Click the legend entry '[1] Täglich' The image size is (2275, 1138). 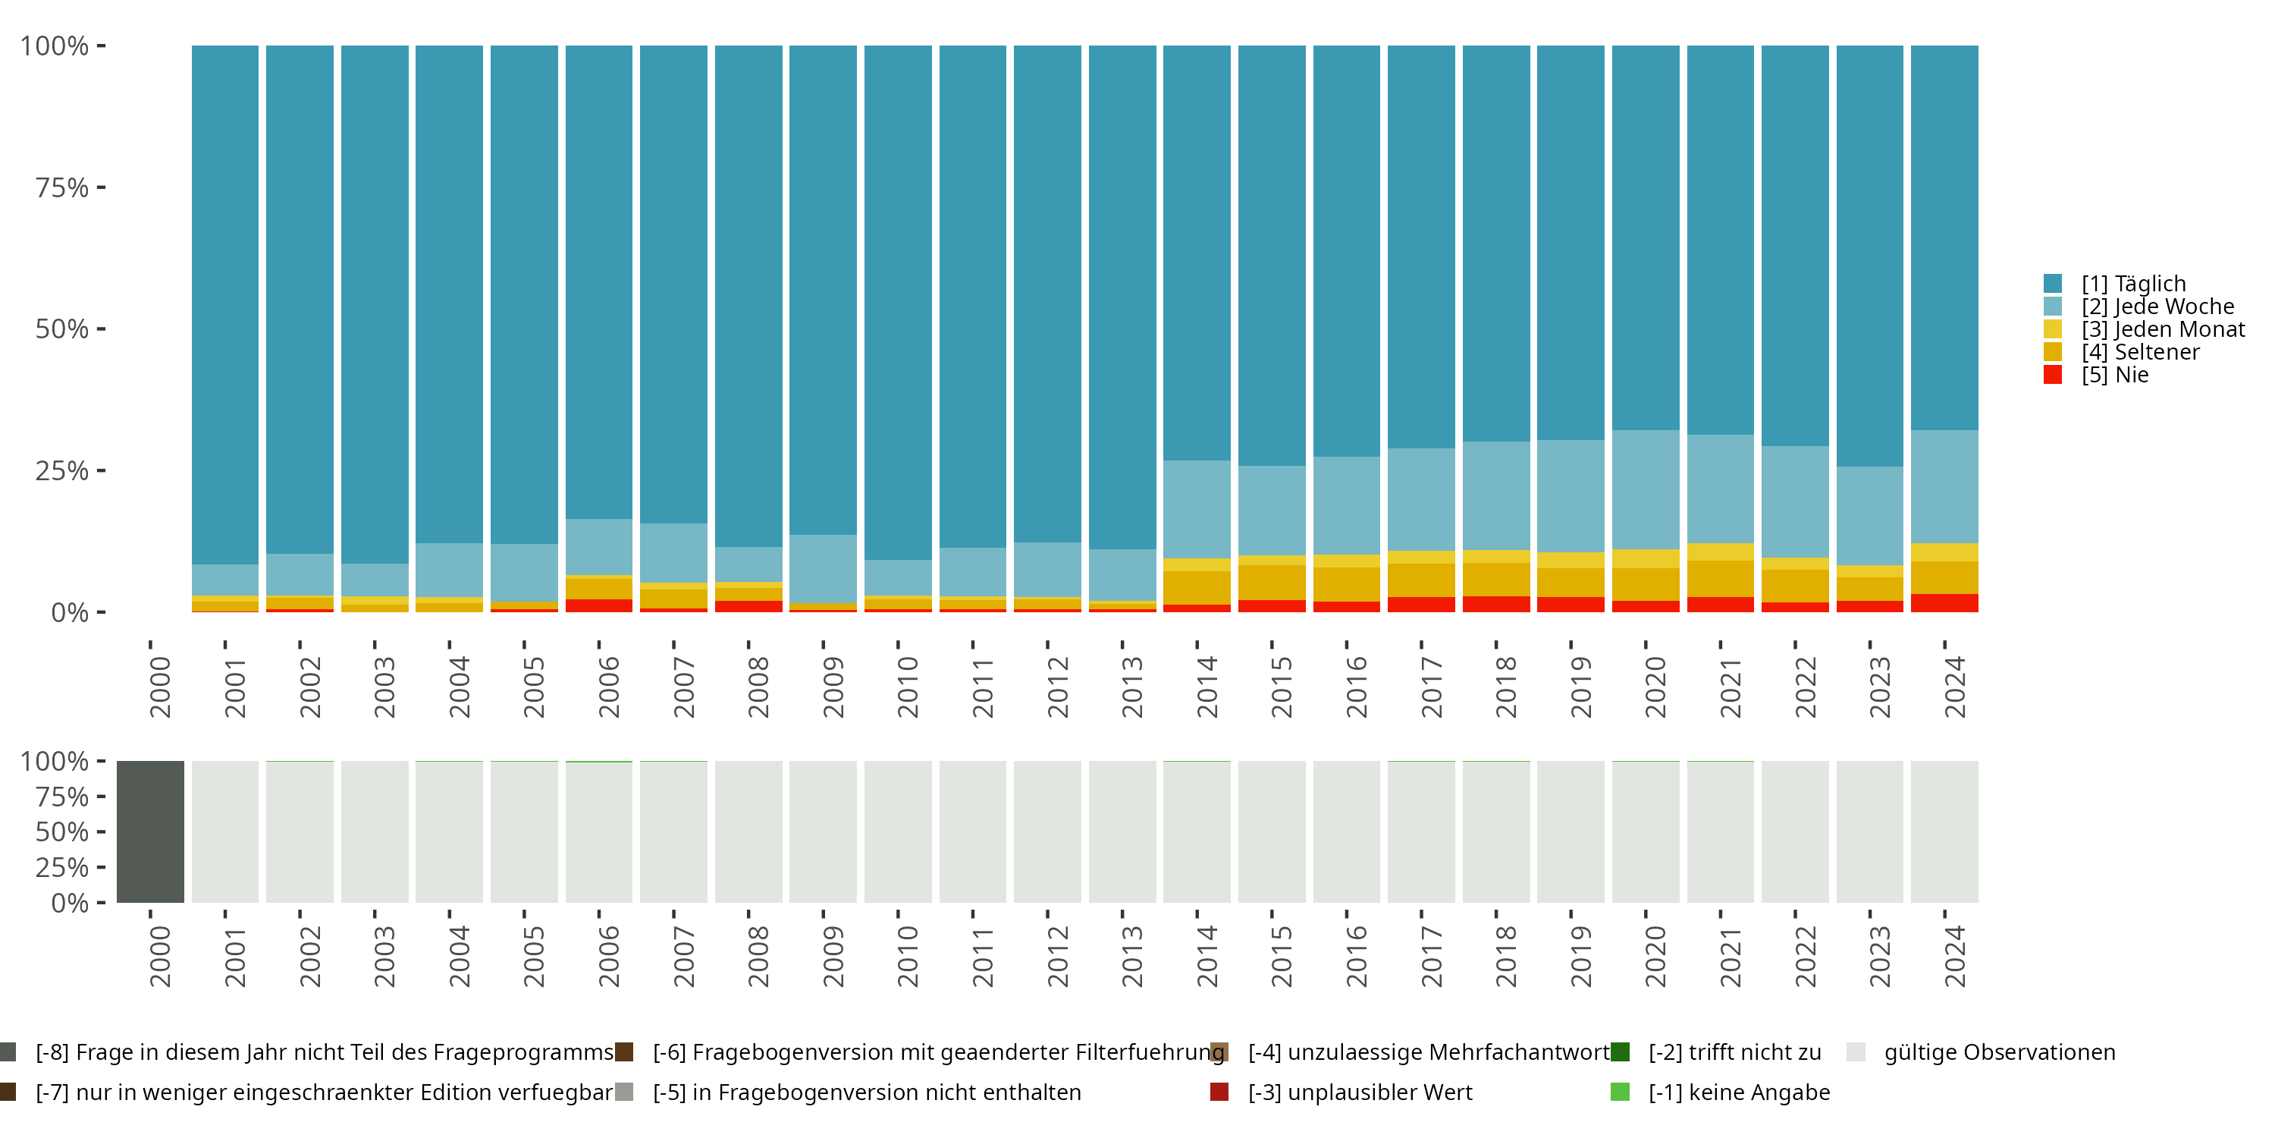[x=2132, y=284]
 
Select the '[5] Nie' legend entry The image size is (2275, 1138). [x=2113, y=375]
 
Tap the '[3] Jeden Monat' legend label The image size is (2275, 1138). [x=2162, y=329]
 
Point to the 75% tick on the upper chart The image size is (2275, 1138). [x=62, y=187]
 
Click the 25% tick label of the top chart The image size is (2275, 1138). [x=62, y=471]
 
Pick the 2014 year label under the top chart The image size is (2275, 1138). [x=1207, y=687]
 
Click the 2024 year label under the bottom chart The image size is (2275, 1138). [x=1954, y=956]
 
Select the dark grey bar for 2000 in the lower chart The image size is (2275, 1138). [x=150, y=831]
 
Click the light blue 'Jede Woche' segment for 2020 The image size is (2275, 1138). [x=1646, y=489]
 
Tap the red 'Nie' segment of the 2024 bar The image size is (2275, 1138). [x=1944, y=602]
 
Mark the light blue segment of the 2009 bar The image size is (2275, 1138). [x=823, y=568]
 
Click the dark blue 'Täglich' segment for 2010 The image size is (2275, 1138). [x=897, y=300]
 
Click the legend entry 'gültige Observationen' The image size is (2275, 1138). [x=1998, y=1052]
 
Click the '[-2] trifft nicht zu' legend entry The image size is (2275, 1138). [x=1734, y=1052]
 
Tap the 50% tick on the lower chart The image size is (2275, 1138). [x=62, y=832]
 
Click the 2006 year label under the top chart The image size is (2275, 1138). [x=608, y=687]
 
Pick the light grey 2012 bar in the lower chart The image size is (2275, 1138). [x=1047, y=831]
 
